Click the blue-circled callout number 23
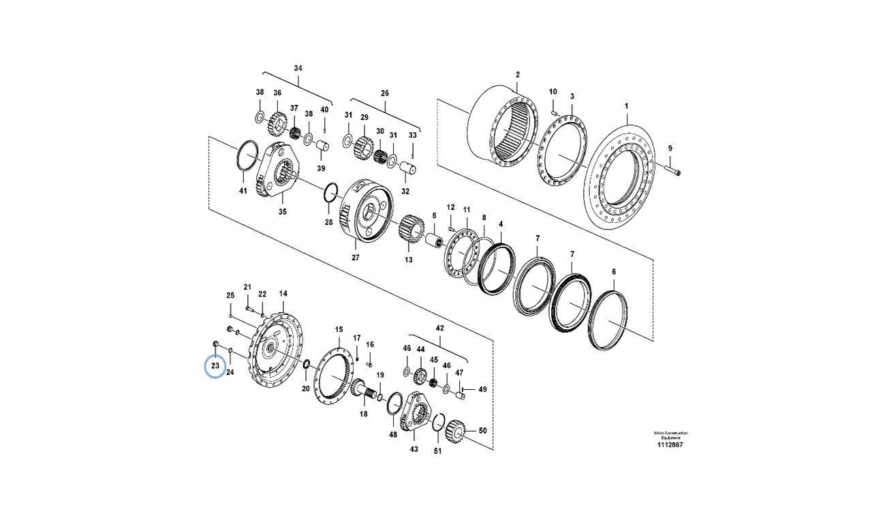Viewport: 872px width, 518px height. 215,366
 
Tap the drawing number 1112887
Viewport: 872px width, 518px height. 671,444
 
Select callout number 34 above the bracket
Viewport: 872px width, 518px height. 297,68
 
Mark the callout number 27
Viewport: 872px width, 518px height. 355,258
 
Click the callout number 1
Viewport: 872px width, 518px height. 627,106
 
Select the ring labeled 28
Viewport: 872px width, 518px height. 330,192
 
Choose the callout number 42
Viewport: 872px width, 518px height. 439,329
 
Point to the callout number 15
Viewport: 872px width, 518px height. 339,330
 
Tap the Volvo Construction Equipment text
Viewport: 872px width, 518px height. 670,435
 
